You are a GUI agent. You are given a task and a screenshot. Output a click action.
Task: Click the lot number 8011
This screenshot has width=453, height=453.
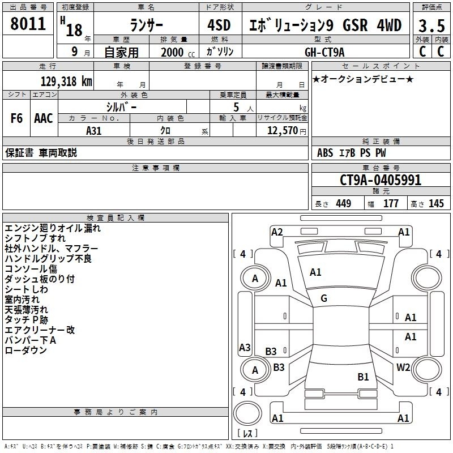28,24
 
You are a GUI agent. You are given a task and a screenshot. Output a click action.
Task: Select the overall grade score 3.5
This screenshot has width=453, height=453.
431,25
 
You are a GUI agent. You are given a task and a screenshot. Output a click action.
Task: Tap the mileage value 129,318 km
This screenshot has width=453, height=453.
66,82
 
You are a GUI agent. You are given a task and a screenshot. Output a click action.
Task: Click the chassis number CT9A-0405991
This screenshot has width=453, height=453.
381,180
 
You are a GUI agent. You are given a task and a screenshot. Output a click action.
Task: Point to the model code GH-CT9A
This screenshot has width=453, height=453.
324,52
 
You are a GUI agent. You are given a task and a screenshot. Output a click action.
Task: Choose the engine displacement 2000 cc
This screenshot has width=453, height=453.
178,52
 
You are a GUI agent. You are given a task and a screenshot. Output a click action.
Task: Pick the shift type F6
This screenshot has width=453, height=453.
16,118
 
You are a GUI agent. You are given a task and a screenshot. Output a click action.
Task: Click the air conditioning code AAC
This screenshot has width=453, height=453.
44,118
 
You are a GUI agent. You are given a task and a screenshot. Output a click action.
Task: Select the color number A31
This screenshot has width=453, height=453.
94,131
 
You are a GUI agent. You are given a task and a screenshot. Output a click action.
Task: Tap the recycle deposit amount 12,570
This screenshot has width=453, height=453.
282,131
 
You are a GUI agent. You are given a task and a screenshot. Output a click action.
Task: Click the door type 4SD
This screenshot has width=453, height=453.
219,25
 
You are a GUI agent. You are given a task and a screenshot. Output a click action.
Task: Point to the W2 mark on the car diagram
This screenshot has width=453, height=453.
403,367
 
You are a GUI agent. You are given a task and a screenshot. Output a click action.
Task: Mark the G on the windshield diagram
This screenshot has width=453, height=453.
324,298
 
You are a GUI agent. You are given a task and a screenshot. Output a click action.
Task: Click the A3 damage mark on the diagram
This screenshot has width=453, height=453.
245,347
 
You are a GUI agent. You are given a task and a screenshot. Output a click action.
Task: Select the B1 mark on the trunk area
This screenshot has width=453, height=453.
363,377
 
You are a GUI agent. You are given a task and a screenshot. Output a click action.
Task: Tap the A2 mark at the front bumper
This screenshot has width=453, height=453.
277,232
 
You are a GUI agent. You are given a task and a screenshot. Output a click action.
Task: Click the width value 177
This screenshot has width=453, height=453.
391,203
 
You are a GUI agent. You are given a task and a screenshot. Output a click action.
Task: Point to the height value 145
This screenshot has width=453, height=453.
436,203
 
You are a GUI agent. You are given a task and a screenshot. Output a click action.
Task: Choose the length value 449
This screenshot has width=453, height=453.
344,203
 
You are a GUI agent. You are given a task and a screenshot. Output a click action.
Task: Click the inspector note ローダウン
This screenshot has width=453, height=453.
25,350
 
